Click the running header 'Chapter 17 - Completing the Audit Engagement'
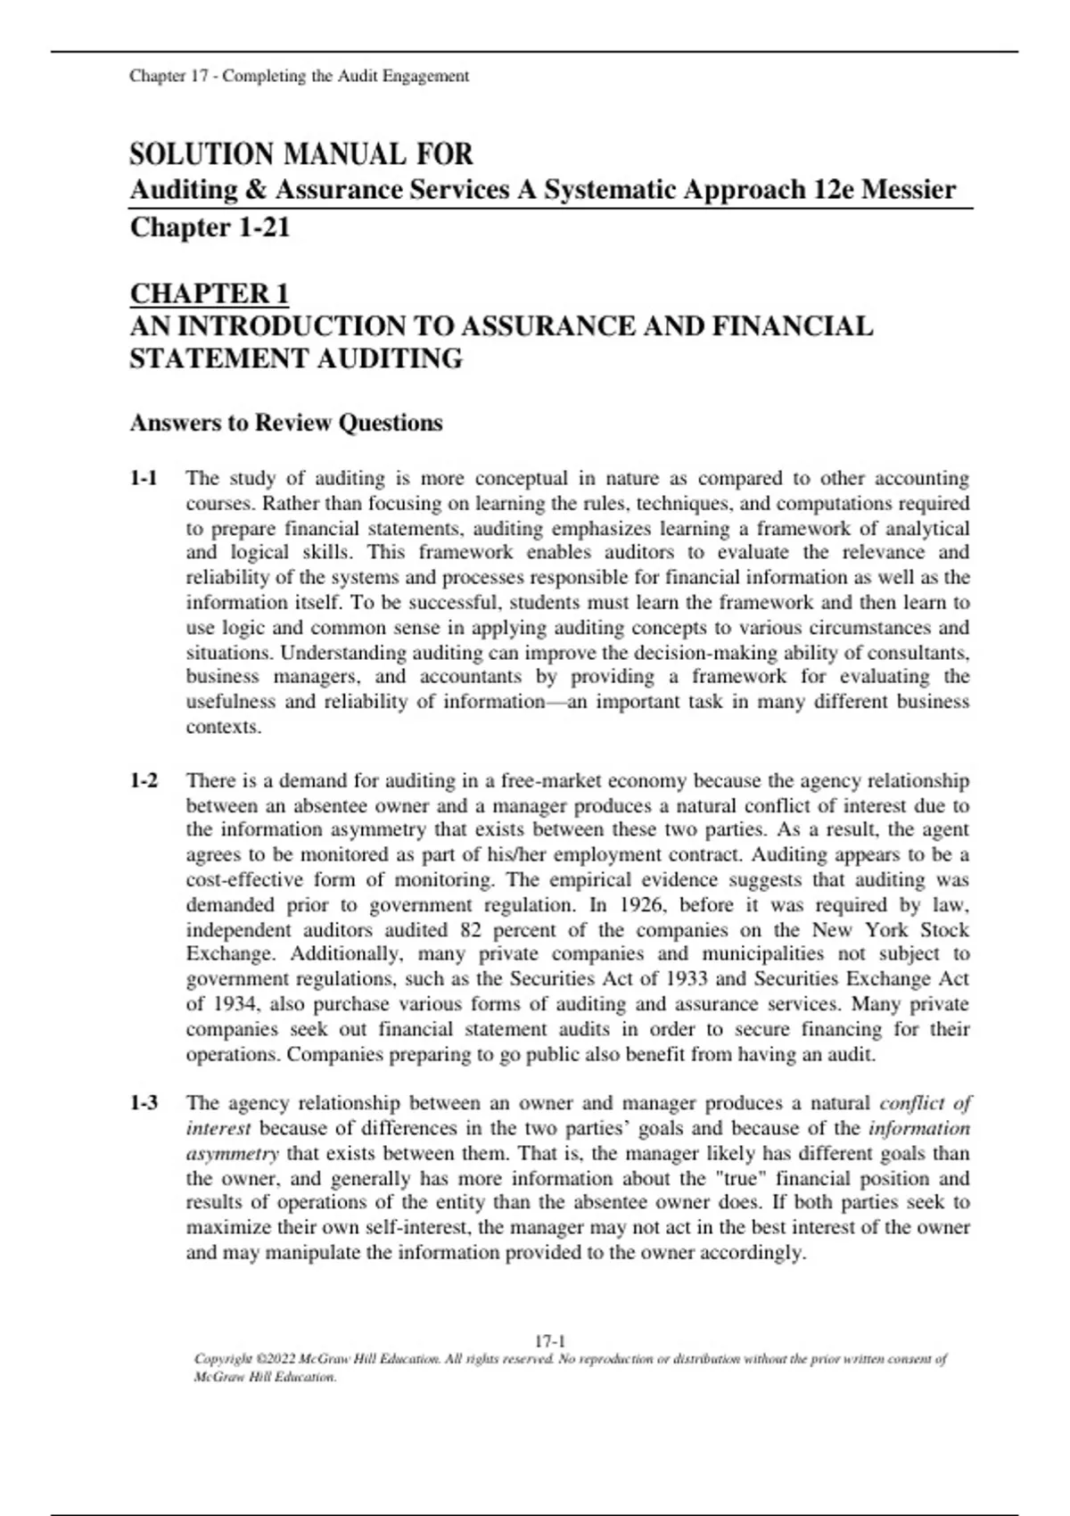[x=299, y=77]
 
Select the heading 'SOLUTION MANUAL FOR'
[x=301, y=154]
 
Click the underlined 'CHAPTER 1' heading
[x=210, y=293]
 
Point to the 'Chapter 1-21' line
[x=210, y=227]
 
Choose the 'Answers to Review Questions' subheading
[x=286, y=423]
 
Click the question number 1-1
[x=144, y=479]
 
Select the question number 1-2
[x=144, y=781]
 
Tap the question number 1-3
[x=144, y=1103]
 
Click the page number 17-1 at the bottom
[x=550, y=1341]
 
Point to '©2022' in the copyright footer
[x=275, y=1360]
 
